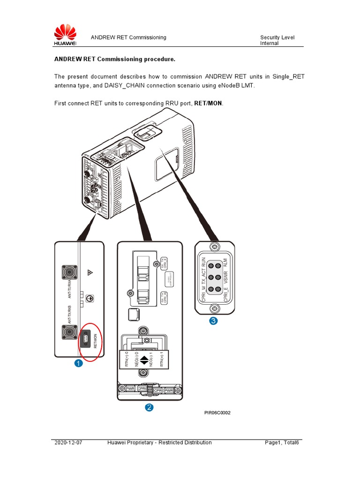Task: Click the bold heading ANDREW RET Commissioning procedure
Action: [114, 60]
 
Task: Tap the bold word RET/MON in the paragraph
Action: [209, 103]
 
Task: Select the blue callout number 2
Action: [149, 407]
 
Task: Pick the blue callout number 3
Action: [214, 321]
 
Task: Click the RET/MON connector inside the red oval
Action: [86, 338]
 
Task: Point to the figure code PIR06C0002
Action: [217, 412]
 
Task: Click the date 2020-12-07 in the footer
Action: [68, 442]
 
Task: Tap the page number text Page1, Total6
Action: [282, 442]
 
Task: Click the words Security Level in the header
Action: [277, 37]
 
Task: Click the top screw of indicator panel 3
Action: [215, 247]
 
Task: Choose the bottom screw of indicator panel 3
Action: [215, 308]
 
